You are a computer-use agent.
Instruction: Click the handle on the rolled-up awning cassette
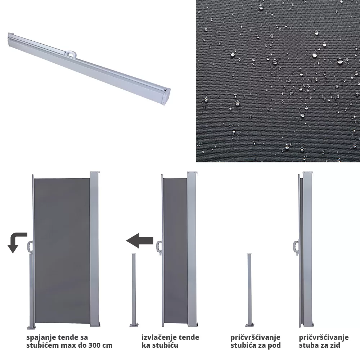click(x=71, y=54)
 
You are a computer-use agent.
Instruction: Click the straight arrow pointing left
click(x=140, y=240)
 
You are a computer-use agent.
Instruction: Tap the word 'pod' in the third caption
click(x=274, y=345)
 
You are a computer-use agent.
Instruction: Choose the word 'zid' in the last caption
click(x=335, y=345)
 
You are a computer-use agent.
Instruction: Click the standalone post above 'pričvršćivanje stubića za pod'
click(x=249, y=290)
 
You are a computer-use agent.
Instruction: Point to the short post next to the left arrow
click(x=134, y=290)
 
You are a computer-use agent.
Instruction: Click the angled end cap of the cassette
click(x=167, y=96)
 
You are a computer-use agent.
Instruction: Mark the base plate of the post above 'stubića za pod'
click(x=249, y=325)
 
